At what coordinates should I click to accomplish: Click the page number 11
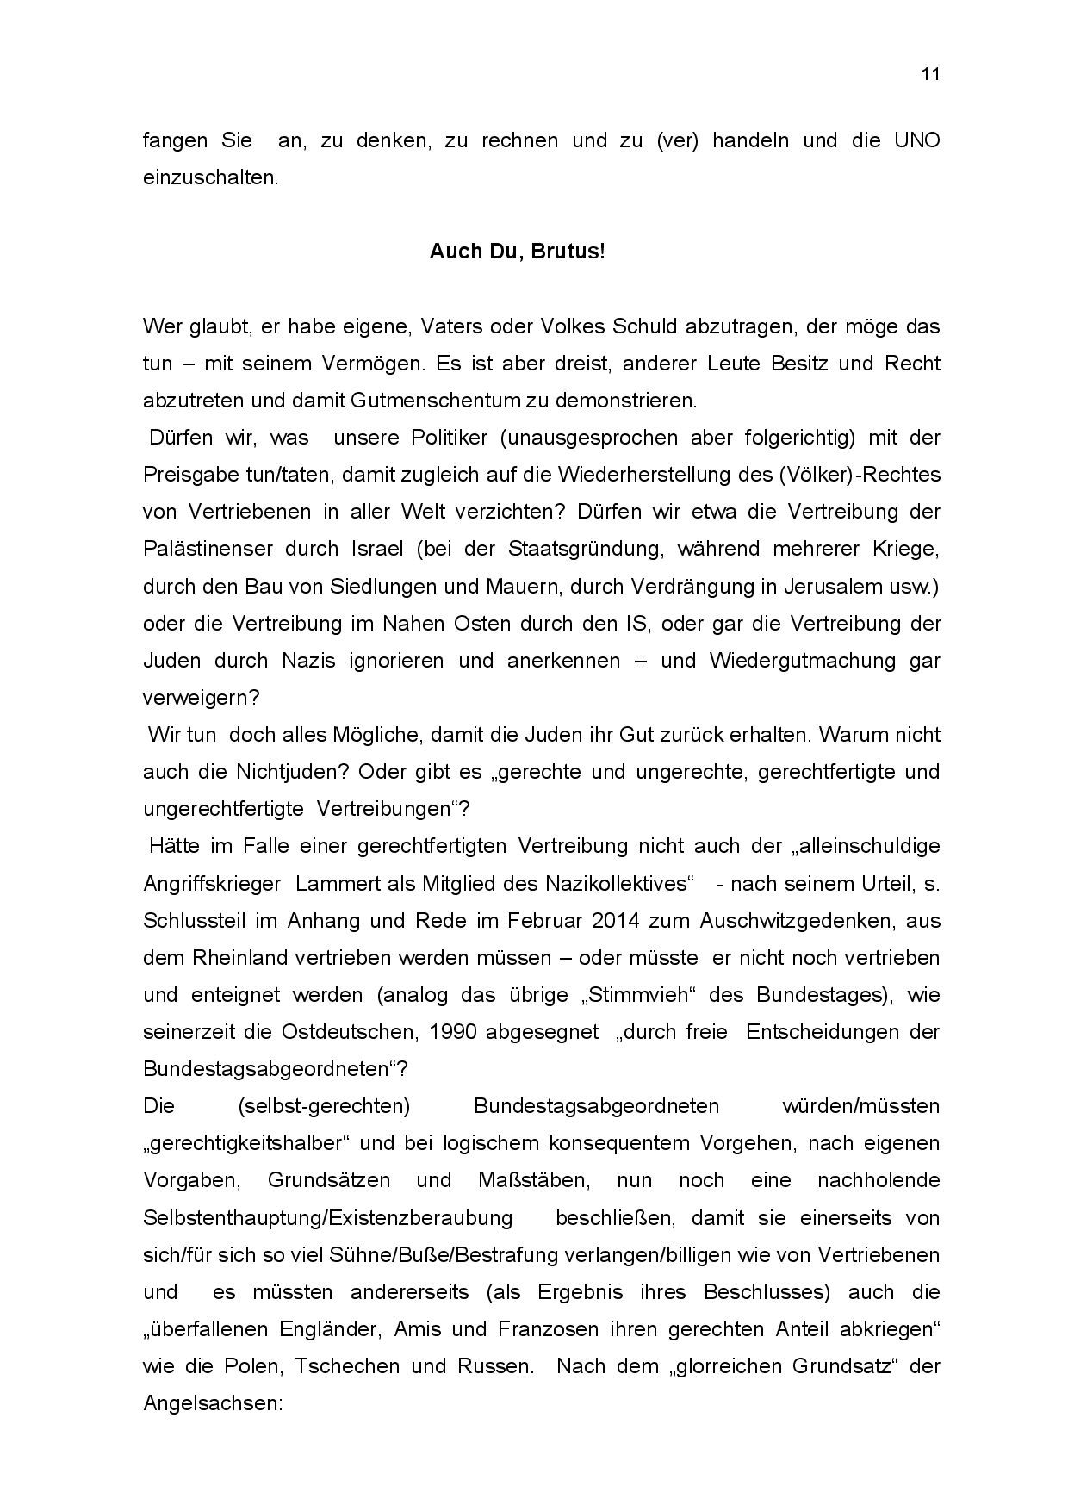[x=930, y=74]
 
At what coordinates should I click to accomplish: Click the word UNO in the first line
[x=917, y=140]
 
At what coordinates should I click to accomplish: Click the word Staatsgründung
[x=584, y=549]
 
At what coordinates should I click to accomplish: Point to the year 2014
[x=616, y=921]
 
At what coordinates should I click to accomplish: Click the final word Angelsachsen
[x=213, y=1403]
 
